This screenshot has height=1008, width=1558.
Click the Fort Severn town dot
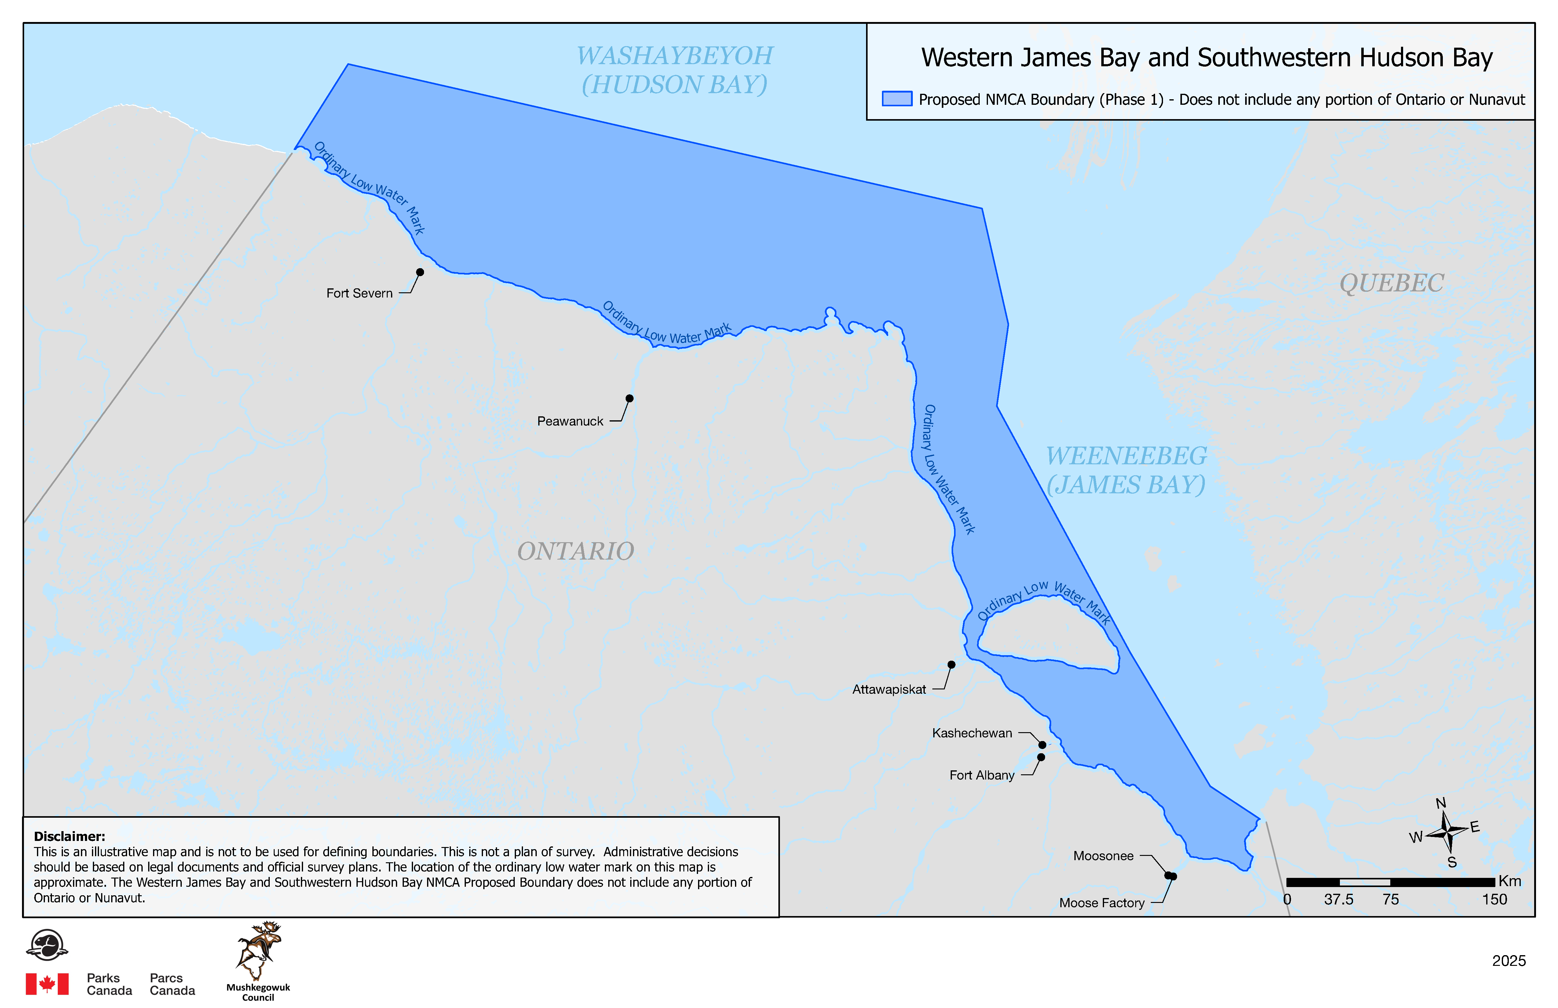pos(420,272)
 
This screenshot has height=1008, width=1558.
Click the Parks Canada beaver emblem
pos(47,944)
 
